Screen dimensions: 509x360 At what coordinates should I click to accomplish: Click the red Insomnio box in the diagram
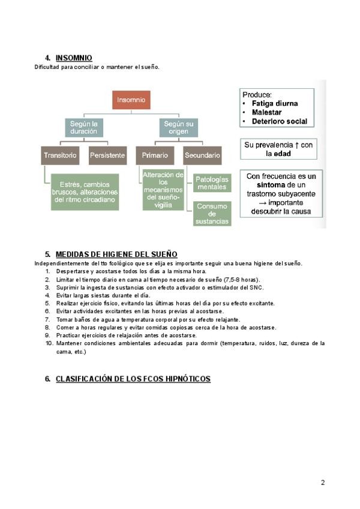(x=131, y=100)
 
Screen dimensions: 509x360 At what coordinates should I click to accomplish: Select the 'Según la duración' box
(x=83, y=127)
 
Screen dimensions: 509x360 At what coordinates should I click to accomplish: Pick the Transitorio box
(x=60, y=155)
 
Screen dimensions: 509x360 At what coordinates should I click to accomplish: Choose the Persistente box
(x=107, y=155)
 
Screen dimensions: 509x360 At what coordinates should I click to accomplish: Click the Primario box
(x=155, y=155)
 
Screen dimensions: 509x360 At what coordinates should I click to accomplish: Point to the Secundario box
(x=202, y=155)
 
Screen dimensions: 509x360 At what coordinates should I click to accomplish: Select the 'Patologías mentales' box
(x=211, y=183)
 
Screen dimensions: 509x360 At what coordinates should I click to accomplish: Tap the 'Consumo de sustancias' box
(x=211, y=213)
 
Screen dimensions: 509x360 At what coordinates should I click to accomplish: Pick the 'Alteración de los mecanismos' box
(x=163, y=190)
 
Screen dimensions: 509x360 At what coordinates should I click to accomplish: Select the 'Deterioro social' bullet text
(x=279, y=121)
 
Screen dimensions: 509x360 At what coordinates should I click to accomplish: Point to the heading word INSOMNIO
(x=74, y=58)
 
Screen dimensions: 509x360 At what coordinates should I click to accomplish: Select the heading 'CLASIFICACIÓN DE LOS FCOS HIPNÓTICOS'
(x=133, y=379)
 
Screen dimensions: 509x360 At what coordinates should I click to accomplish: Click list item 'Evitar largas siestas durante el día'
(x=103, y=295)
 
